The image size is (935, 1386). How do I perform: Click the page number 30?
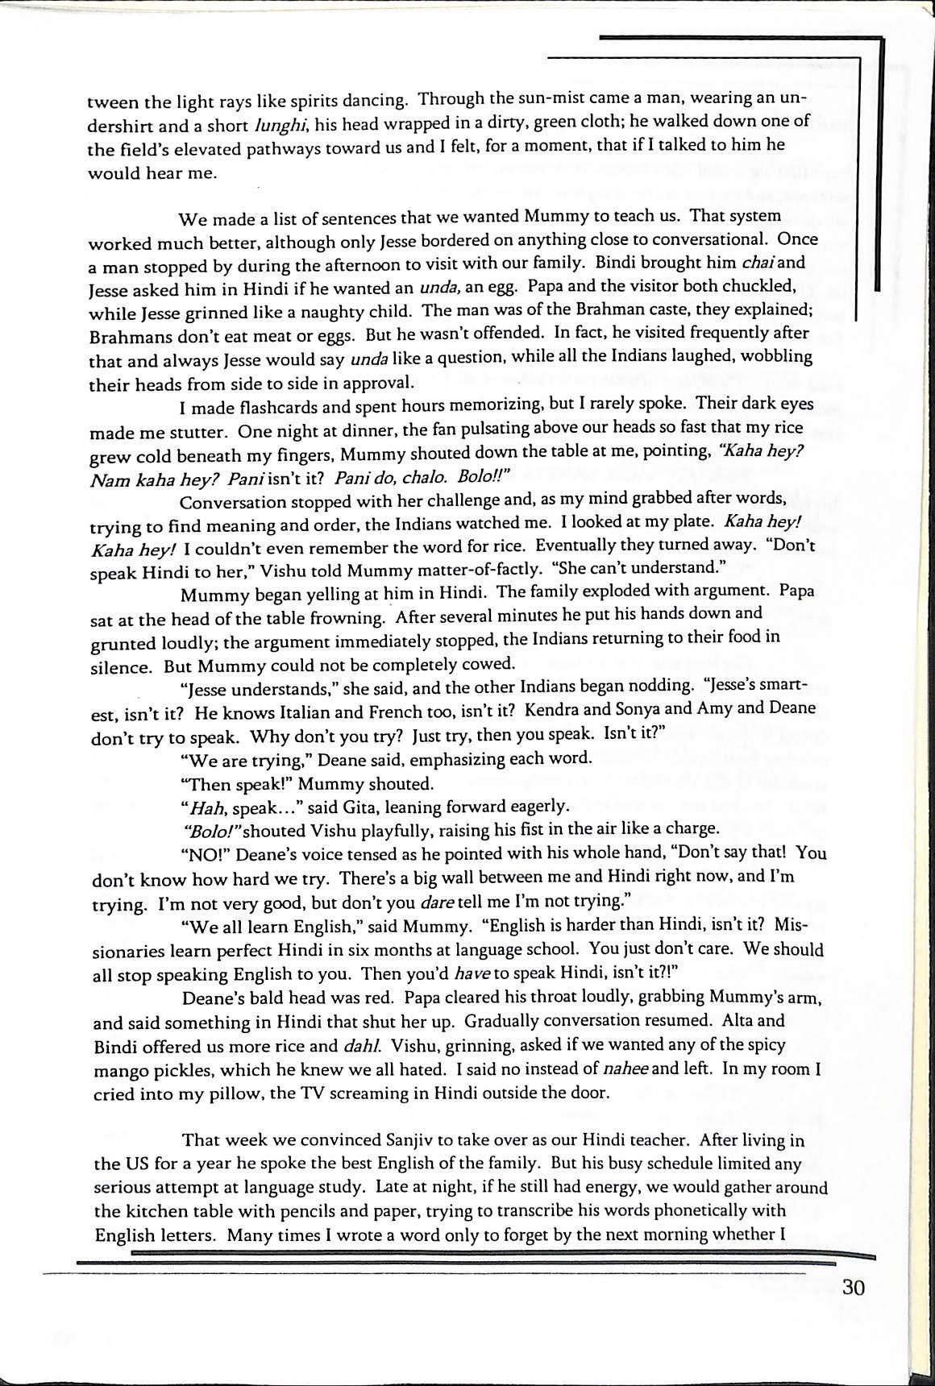[853, 1287]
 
